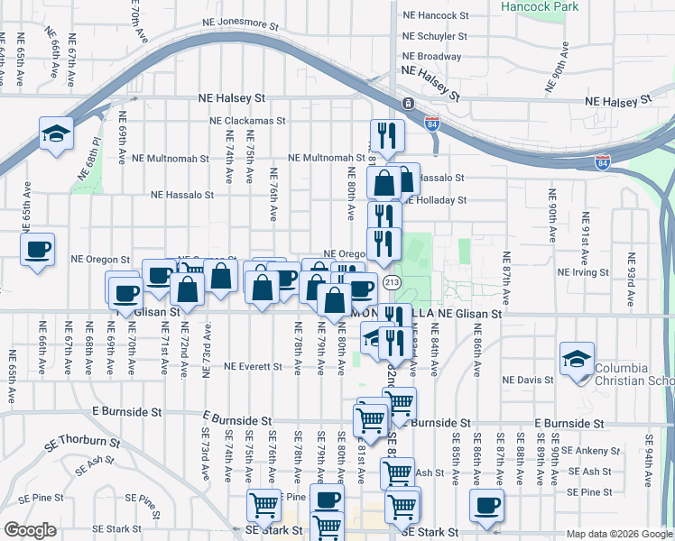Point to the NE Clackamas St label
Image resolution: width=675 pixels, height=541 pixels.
[246, 120]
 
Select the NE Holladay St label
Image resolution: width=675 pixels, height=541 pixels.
[436, 200]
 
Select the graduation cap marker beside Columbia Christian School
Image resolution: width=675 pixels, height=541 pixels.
[577, 359]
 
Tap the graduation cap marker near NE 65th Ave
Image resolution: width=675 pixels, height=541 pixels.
[56, 136]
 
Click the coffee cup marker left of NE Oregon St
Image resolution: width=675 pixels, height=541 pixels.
[38, 250]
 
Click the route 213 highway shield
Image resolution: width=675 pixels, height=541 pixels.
[392, 283]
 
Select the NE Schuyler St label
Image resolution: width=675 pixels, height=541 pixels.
[436, 37]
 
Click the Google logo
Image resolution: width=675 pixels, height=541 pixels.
[31, 530]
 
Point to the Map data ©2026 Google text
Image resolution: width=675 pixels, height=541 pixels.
[618, 534]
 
